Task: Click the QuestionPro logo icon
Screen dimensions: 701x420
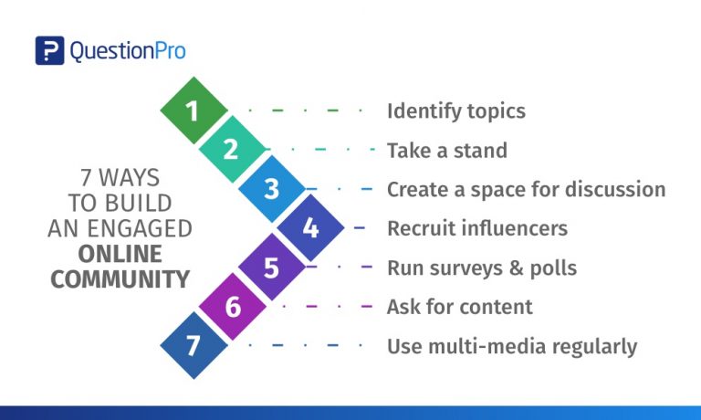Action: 49,50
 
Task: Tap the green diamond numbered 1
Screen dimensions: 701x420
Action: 194,110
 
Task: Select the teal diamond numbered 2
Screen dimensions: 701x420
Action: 233,149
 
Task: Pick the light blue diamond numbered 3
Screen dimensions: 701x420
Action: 272,188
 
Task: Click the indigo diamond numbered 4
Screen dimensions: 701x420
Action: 310,227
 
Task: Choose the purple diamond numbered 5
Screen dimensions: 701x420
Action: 272,267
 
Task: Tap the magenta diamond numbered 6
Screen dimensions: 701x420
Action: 233,306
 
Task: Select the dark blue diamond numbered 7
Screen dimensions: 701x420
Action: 194,345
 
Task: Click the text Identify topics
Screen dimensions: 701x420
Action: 456,111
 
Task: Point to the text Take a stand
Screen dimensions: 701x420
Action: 447,151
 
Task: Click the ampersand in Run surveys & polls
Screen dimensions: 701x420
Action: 516,268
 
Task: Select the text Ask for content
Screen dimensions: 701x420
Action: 460,307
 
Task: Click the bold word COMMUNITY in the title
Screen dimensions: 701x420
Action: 120,279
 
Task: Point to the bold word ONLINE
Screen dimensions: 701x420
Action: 120,254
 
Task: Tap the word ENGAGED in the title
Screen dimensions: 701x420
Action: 140,228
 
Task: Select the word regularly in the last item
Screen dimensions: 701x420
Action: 594,347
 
